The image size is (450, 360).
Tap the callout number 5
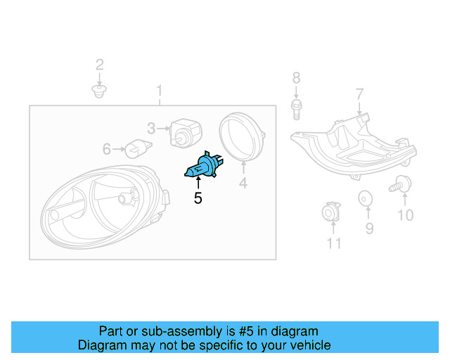coord(198,199)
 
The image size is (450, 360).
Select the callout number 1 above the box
coord(160,91)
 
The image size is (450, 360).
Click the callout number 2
coord(99,65)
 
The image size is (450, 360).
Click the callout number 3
coord(151,128)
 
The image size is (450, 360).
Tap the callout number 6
coord(107,149)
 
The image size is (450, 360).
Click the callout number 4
coord(243,184)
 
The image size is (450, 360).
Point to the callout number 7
coord(359,94)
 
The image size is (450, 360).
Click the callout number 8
coord(296,78)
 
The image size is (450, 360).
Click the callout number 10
coord(406,215)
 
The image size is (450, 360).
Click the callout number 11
coord(334,243)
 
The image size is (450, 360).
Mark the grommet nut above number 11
coord(330,213)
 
